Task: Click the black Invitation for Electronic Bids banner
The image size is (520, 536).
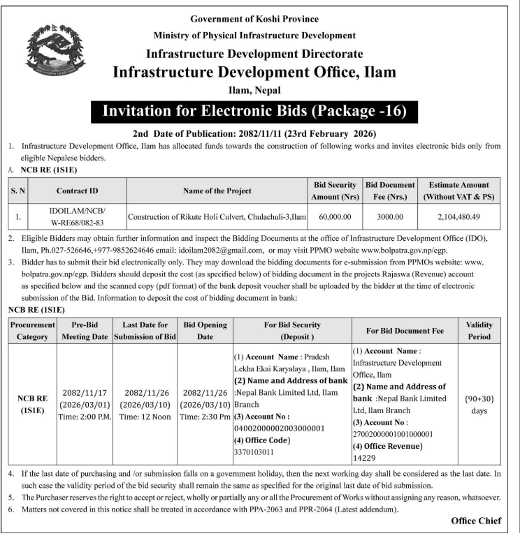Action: click(x=254, y=112)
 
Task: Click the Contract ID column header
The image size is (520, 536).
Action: click(x=78, y=191)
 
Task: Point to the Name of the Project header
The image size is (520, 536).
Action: click(x=217, y=191)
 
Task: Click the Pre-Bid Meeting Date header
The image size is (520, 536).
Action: click(x=89, y=331)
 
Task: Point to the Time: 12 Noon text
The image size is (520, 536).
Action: click(x=148, y=417)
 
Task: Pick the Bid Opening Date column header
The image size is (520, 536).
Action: click(x=205, y=331)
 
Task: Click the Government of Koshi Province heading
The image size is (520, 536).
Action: click(x=254, y=19)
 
